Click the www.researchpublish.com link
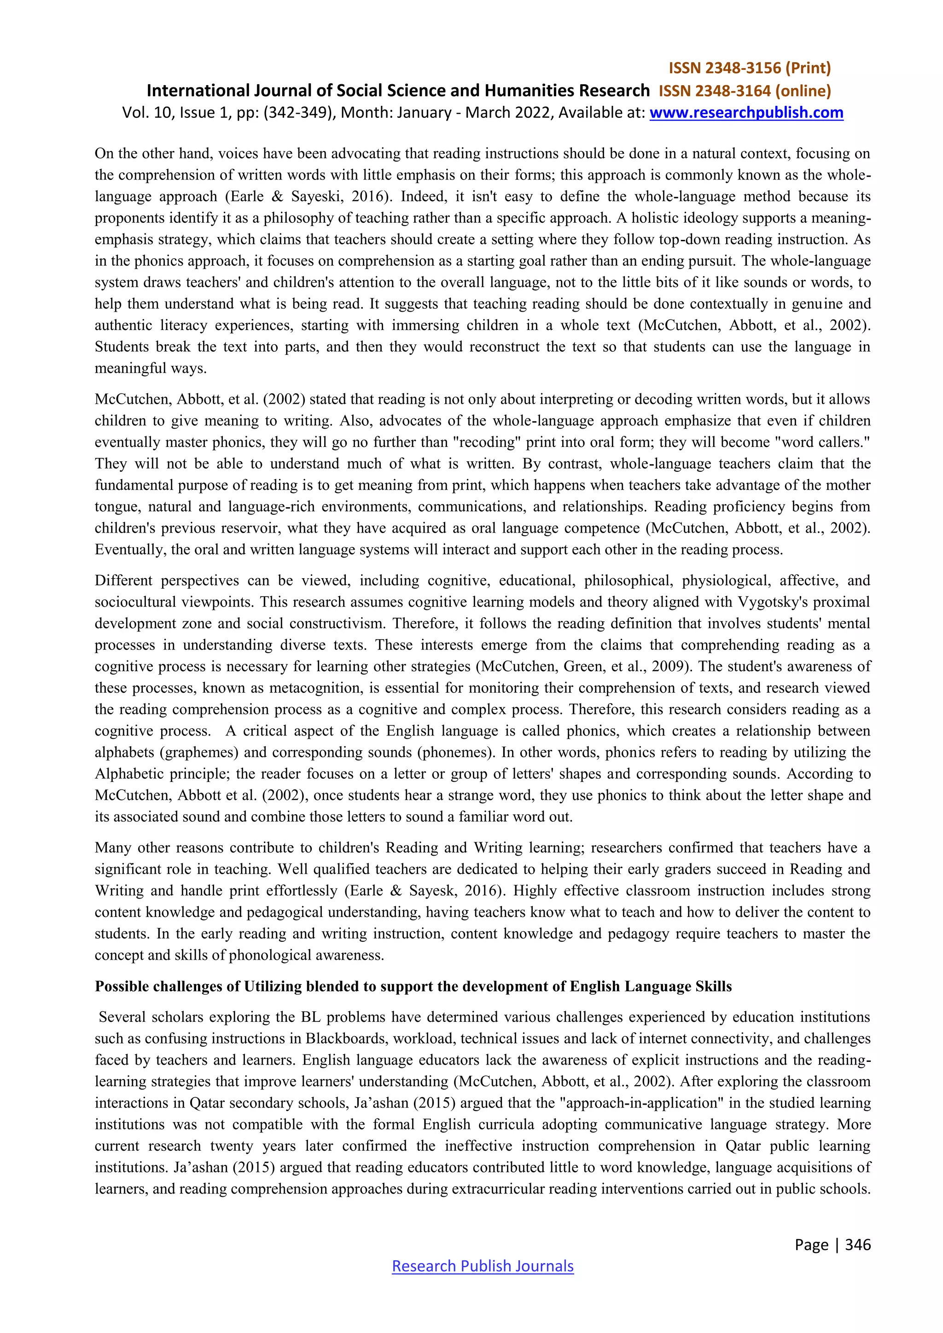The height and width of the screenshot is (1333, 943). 745,113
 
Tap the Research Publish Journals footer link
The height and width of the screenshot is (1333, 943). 483,1266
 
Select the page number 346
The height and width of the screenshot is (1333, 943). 858,1244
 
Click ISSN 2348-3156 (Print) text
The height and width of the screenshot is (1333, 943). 750,69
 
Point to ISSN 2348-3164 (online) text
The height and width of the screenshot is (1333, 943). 745,91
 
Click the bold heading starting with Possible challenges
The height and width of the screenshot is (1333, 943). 413,986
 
